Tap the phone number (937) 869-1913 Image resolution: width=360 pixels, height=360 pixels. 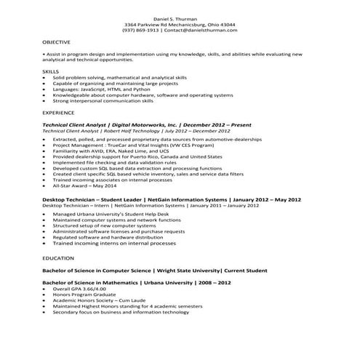140,30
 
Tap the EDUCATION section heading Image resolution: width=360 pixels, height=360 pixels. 58,257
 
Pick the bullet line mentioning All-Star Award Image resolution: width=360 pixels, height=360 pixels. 83,186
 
